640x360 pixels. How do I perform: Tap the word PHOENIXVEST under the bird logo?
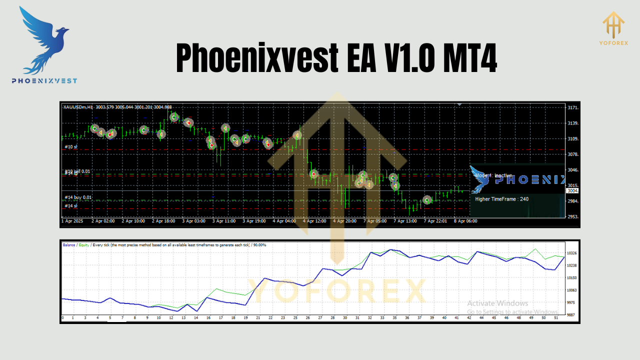point(44,80)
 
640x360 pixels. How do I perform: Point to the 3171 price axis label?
point(573,108)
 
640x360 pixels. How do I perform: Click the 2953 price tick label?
point(573,217)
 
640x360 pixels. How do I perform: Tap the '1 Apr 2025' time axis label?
point(72,221)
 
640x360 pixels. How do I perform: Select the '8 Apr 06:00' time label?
point(465,221)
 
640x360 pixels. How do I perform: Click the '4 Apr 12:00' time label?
point(314,221)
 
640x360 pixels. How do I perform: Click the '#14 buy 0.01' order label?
point(78,197)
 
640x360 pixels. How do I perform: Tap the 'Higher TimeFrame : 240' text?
point(501,199)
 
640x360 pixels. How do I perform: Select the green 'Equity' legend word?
point(83,245)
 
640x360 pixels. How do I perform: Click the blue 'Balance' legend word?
point(69,245)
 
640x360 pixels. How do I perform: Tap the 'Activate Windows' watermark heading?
point(497,303)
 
